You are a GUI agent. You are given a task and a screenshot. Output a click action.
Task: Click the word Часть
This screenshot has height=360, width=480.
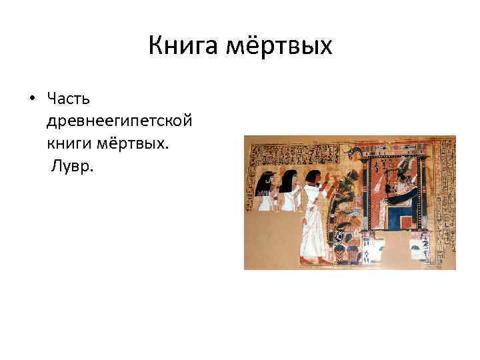pos(69,99)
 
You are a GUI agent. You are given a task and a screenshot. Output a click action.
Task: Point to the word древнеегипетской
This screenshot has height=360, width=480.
pos(120,121)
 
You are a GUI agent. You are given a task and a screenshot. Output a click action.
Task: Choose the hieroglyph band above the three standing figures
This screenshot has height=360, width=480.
pos(293,153)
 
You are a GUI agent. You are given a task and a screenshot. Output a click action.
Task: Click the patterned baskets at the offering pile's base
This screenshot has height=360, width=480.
pos(347,252)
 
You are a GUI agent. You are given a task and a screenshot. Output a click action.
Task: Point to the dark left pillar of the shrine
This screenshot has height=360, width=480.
pos(369,200)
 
